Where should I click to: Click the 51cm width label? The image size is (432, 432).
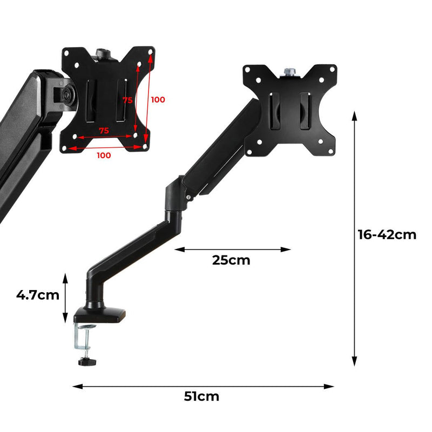click(201, 397)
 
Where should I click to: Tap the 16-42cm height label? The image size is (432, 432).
click(387, 235)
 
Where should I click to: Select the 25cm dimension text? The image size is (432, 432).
click(231, 260)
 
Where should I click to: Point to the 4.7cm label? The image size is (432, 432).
click(37, 295)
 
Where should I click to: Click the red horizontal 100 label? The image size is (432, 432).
click(104, 156)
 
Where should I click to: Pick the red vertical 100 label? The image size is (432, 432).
click(158, 100)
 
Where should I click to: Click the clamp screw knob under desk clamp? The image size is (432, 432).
click(86, 361)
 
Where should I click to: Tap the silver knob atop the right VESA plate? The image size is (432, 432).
click(289, 70)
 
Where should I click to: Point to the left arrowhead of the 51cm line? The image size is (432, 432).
click(76, 386)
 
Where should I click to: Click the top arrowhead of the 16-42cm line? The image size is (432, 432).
click(355, 115)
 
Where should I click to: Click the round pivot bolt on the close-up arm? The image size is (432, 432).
click(67, 93)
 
